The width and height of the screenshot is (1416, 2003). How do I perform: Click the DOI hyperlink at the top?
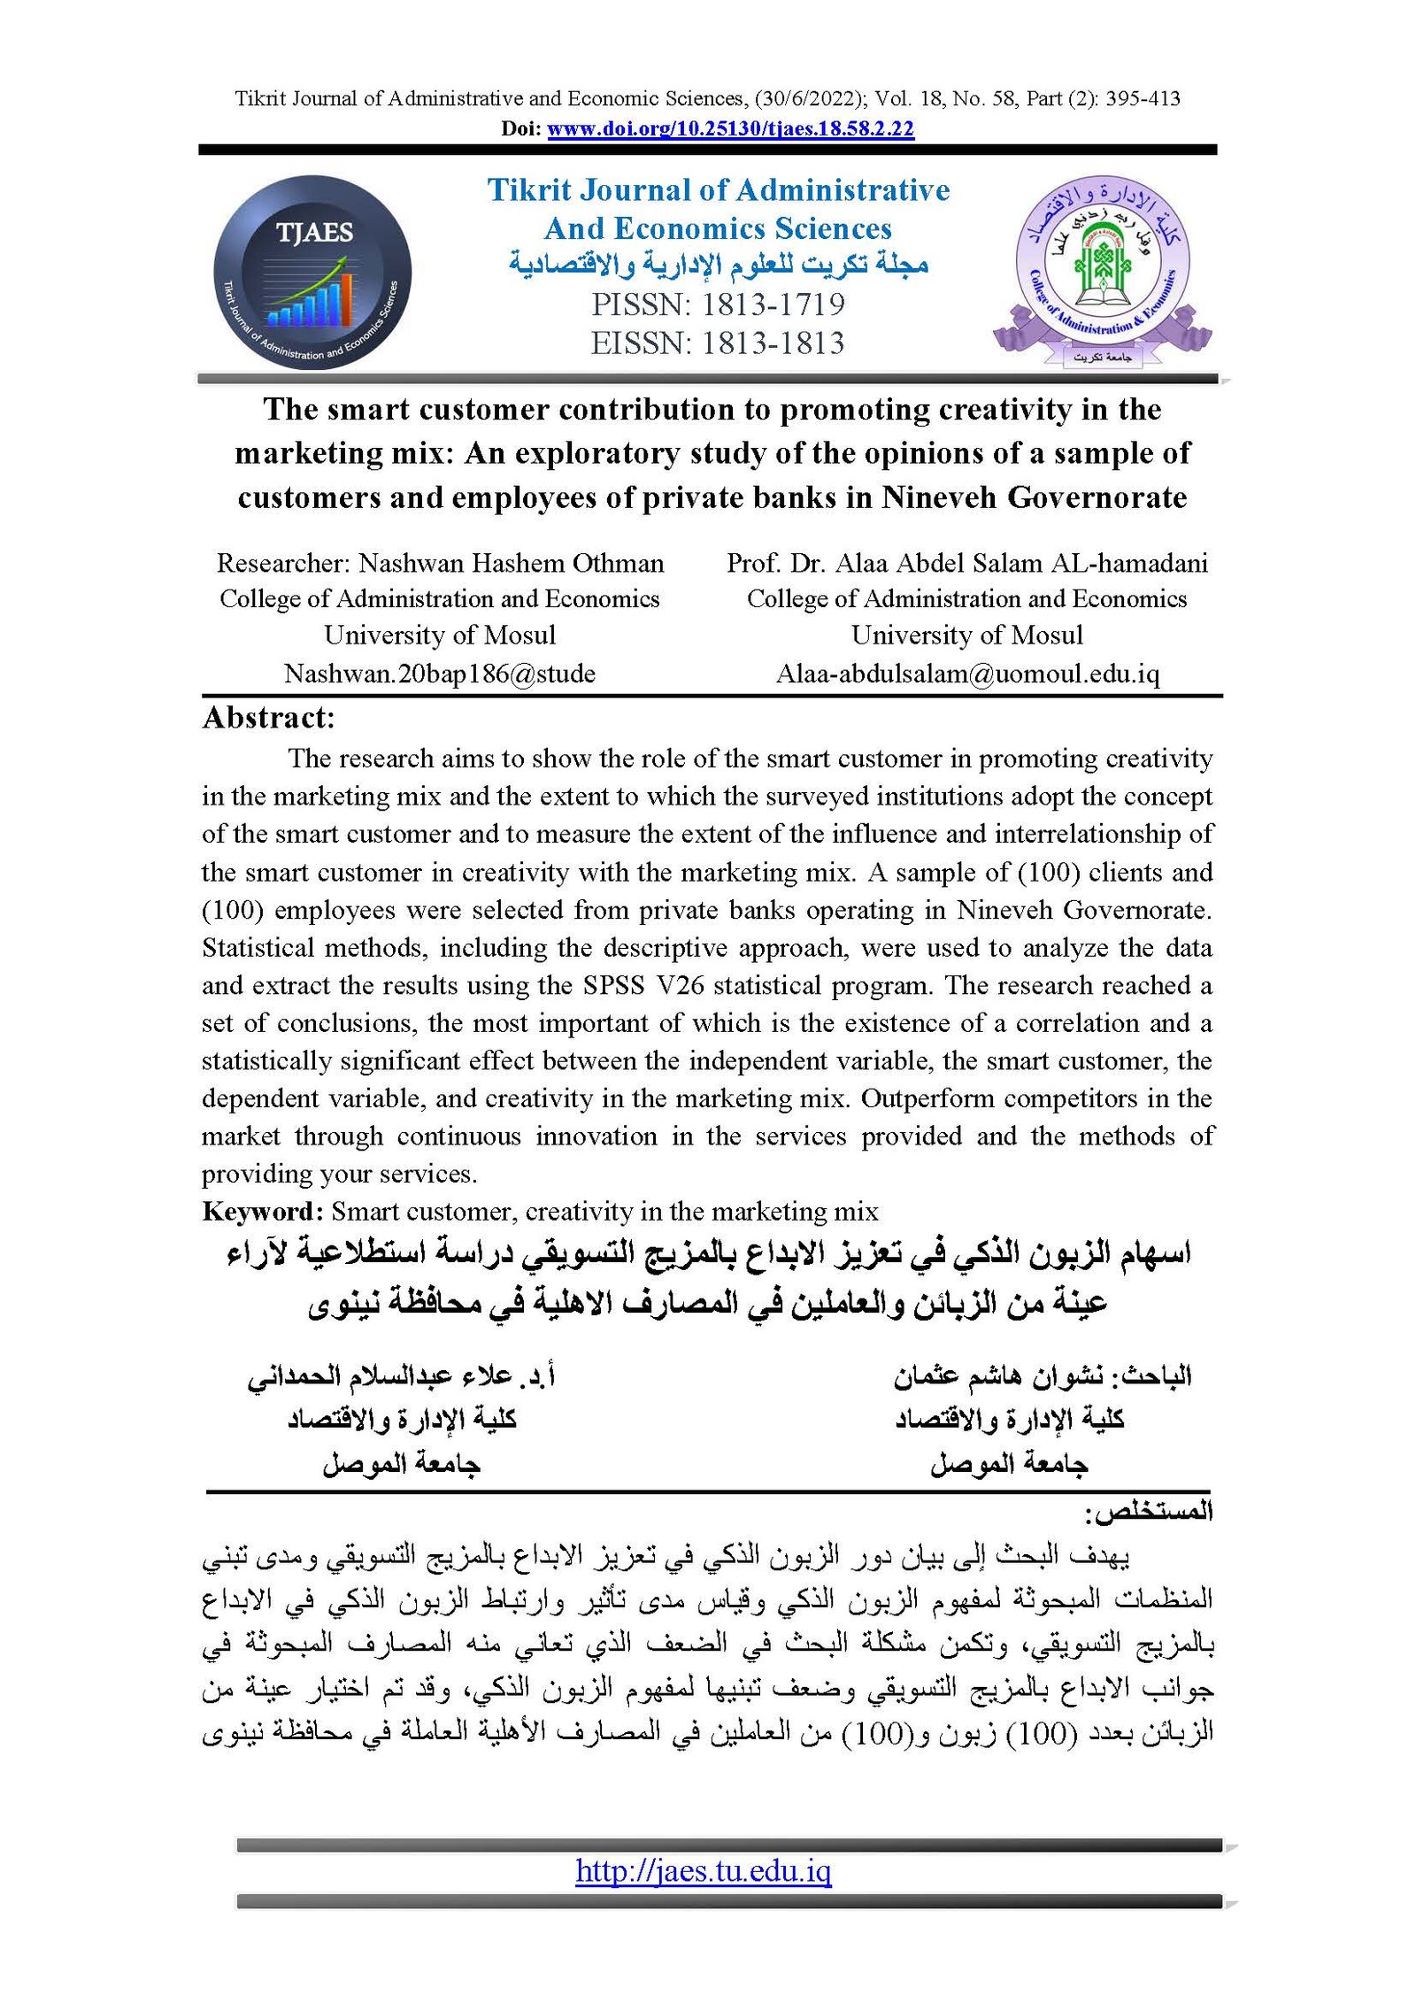tap(730, 129)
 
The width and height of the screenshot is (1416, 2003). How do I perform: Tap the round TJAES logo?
tap(312, 272)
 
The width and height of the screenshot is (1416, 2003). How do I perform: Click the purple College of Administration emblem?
tap(1102, 272)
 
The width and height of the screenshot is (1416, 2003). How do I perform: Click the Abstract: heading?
tap(268, 718)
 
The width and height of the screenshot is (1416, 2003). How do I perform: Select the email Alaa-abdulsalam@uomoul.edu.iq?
tap(967, 674)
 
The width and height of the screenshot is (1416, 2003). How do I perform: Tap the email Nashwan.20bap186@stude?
tap(439, 674)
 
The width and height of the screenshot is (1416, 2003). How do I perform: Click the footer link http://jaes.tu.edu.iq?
tap(704, 1870)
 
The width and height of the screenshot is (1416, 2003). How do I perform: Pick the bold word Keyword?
tap(263, 1211)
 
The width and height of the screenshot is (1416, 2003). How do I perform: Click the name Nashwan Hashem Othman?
tap(511, 563)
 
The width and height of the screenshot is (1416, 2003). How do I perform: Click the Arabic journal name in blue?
tap(719, 265)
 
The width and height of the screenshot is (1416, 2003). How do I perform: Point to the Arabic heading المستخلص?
tap(1148, 1512)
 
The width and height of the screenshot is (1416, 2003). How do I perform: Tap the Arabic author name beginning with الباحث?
tap(1042, 1375)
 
